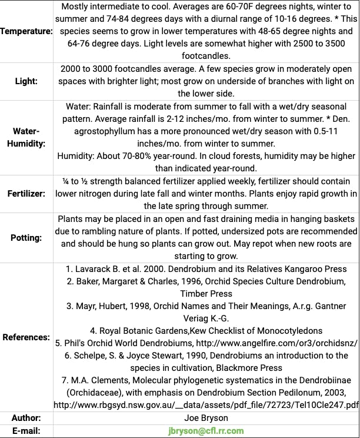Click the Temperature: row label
(27, 31)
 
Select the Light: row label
(27, 81)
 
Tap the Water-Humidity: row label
(27, 137)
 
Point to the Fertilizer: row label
(27, 193)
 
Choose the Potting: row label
(27, 238)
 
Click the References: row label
(27, 337)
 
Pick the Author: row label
(27, 418)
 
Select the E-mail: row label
(27, 431)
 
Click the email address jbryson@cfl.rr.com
(205, 431)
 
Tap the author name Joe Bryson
(205, 418)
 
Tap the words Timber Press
(206, 294)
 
